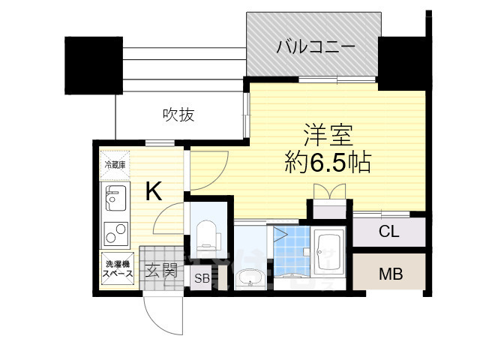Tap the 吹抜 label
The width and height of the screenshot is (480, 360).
pyautogui.click(x=179, y=115)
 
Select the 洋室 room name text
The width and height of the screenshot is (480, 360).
pyautogui.click(x=328, y=136)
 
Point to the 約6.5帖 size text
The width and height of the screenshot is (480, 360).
pyautogui.click(x=328, y=162)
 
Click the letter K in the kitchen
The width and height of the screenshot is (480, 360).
pyautogui.click(x=152, y=192)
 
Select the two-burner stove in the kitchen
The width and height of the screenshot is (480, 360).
pyautogui.click(x=116, y=235)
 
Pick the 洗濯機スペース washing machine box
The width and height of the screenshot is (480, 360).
pyautogui.click(x=118, y=269)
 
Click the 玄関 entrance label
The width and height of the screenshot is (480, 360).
pyautogui.click(x=160, y=270)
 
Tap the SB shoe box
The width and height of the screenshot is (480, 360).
pyautogui.click(x=202, y=279)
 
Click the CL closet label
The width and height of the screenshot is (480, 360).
pyautogui.click(x=388, y=232)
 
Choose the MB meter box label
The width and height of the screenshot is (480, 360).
pyautogui.click(x=390, y=274)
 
